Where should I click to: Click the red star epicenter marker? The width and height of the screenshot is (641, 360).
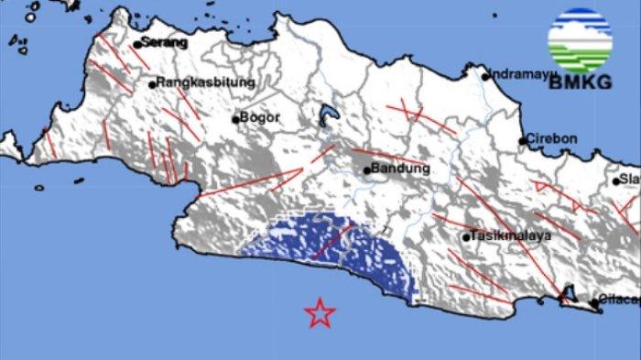320,313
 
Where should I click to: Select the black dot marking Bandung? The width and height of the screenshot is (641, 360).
367,169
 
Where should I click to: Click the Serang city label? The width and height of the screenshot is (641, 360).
166,42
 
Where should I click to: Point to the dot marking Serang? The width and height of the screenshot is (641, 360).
137,43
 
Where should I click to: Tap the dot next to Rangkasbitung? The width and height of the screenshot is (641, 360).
153,84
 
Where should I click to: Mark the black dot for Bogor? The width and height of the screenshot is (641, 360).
235,118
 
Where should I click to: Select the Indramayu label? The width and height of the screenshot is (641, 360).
521,74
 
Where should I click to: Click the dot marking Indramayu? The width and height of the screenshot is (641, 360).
486,76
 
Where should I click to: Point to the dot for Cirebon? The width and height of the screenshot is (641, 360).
524,141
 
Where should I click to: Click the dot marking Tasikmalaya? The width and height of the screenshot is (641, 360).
466,237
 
